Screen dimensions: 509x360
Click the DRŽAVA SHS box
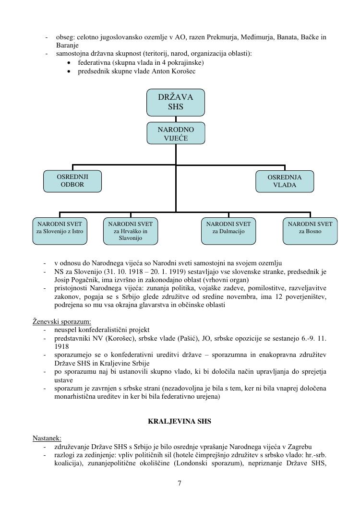point(175,102)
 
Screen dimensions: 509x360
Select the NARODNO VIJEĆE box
point(175,133)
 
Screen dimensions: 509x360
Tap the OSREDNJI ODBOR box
point(72,181)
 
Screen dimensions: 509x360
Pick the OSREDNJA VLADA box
point(285,181)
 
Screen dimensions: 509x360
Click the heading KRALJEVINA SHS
point(180,422)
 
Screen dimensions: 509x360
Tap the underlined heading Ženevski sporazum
point(62,321)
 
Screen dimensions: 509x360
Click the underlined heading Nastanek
point(47,438)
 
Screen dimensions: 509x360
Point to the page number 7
point(180,483)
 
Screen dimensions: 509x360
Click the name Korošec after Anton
point(182,71)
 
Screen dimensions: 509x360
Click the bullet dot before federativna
point(70,63)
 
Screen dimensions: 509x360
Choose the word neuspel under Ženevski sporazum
point(65,330)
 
